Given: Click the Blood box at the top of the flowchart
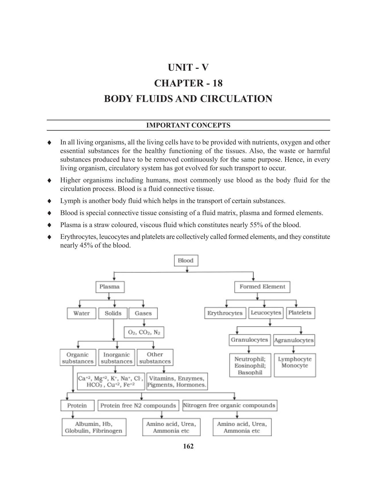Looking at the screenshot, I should coord(186,260).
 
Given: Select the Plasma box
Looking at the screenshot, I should coord(110,287).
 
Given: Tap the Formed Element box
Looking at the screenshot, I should coord(262,287).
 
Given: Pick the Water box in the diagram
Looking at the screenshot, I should coord(81,313).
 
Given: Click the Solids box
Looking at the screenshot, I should coord(113,313).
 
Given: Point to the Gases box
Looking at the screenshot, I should coord(143,313).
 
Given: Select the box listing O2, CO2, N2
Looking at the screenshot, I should coord(144,333).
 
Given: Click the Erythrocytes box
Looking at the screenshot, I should coord(225,313).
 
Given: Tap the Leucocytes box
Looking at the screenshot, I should coord(266,313).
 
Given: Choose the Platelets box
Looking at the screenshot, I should coord(300,313).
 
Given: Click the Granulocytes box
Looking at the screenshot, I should coord(249,340).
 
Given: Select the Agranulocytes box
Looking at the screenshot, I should coord(294,340).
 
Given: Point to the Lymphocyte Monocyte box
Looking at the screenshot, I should coord(295,365).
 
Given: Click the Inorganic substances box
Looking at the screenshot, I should coord(117,358).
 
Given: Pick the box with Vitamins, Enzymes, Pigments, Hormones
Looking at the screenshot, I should coord(177,382).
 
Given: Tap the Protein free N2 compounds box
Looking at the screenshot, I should coord(138,405).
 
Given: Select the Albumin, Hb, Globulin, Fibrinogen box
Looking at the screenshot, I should coord(94,427).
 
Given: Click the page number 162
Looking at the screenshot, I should coord(188,446).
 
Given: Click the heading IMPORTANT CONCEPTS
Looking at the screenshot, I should coord(188,125).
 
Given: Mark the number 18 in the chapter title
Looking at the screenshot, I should coord(218,83).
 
